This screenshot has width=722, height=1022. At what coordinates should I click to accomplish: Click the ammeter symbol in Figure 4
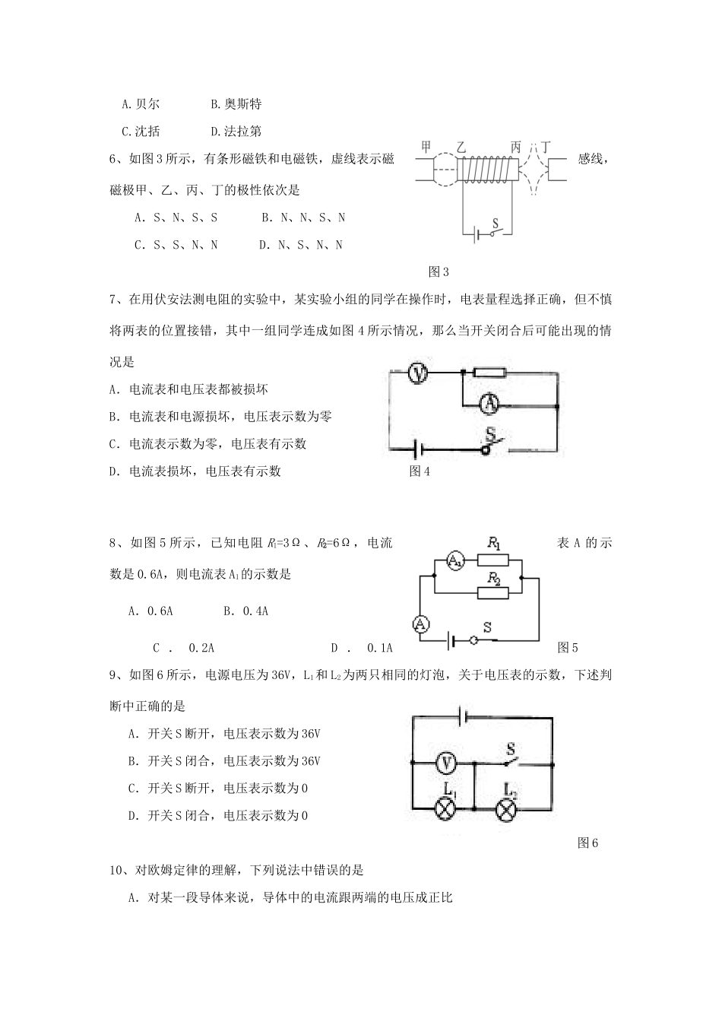click(x=490, y=405)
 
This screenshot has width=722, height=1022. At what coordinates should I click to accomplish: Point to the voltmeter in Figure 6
click(x=448, y=761)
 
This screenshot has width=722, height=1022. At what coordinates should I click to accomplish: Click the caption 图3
click(x=439, y=271)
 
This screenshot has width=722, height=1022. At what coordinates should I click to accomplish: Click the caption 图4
click(x=420, y=471)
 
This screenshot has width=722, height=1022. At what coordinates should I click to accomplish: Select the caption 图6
click(x=588, y=843)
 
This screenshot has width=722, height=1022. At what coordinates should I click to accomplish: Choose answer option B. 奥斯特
click(x=236, y=104)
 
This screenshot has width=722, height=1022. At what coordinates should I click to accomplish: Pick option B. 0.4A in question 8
click(x=246, y=611)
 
